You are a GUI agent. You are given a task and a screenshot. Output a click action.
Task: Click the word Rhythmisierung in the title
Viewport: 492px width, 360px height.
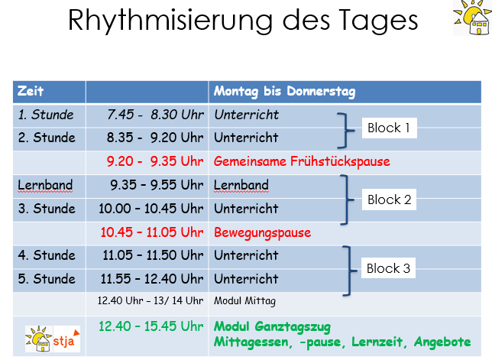(x=170, y=21)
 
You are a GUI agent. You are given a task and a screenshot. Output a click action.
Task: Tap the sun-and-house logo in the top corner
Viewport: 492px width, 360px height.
(x=472, y=18)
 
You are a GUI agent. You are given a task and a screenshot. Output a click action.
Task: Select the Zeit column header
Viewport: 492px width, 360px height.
(x=31, y=91)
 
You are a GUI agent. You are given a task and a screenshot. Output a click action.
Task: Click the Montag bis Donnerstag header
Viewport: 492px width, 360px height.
(x=285, y=91)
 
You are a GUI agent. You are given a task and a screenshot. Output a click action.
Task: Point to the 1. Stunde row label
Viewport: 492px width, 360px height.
(x=46, y=115)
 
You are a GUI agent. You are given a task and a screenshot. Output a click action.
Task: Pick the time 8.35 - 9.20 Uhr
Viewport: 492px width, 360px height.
(x=155, y=138)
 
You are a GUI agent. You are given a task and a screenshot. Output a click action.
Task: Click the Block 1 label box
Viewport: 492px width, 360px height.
(x=390, y=128)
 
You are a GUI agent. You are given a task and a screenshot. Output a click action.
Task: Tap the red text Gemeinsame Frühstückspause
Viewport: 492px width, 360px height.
(x=302, y=161)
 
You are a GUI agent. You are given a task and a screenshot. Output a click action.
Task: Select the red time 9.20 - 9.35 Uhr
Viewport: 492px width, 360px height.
(x=155, y=161)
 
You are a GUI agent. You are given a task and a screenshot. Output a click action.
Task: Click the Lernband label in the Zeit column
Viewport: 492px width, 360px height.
(x=45, y=185)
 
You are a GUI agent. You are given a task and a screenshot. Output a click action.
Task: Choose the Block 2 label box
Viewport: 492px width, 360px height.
(x=389, y=199)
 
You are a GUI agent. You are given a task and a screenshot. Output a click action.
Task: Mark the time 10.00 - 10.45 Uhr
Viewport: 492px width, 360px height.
(x=151, y=209)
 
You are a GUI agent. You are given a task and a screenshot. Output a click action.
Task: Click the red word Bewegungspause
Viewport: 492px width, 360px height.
(x=262, y=232)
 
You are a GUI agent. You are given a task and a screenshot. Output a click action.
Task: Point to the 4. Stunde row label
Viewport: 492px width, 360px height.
(x=47, y=255)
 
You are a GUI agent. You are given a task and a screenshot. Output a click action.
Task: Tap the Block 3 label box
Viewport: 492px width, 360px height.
(x=388, y=268)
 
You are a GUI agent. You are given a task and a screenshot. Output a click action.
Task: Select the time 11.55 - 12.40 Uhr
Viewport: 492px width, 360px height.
(x=152, y=279)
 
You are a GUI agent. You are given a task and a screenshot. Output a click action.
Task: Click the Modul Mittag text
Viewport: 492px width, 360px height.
(x=244, y=300)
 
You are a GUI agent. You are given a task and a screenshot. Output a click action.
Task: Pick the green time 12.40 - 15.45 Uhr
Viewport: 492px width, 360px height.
(x=151, y=326)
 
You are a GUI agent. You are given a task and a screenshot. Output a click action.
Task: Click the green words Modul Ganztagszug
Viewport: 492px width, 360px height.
(x=272, y=326)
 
